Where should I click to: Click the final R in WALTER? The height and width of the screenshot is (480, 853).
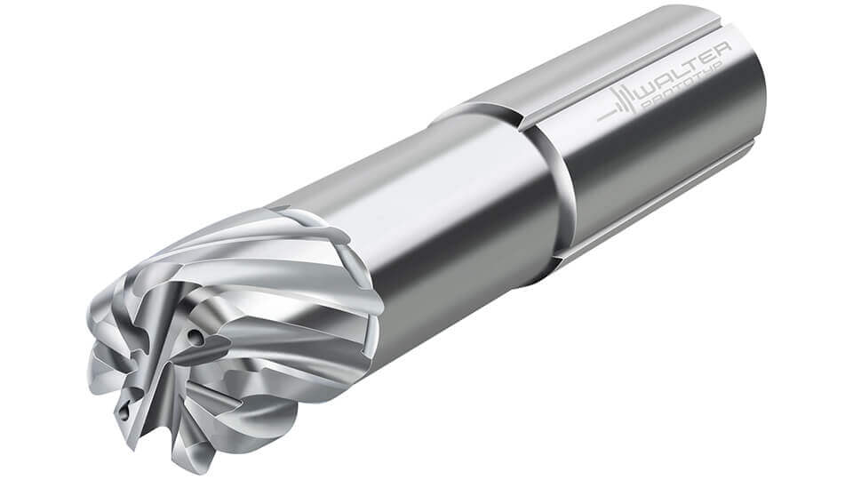[x=721, y=54]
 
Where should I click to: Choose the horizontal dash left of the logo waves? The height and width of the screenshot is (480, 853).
[x=607, y=116]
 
